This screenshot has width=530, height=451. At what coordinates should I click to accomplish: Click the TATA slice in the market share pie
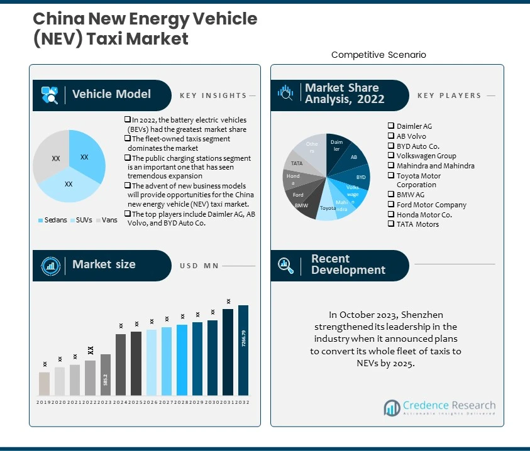pos(297,163)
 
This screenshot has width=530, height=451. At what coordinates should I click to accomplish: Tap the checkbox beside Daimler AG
pos(391,126)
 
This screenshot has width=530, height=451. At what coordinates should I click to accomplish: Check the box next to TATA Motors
pos(391,224)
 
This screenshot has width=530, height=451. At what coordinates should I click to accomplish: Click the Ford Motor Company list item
pos(431,205)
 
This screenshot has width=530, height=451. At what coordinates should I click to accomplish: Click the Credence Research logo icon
pos(392,407)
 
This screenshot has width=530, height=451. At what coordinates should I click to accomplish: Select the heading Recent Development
pos(348,264)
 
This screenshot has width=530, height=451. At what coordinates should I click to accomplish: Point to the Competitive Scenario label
pos(378,55)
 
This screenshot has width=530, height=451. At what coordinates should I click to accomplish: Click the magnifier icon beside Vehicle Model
pos(50,95)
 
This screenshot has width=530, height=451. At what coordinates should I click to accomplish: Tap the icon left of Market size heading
pos(50,265)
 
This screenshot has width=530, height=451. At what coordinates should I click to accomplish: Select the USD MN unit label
pos(199,266)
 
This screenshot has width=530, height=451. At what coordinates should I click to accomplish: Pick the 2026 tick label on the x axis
pos(152,402)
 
